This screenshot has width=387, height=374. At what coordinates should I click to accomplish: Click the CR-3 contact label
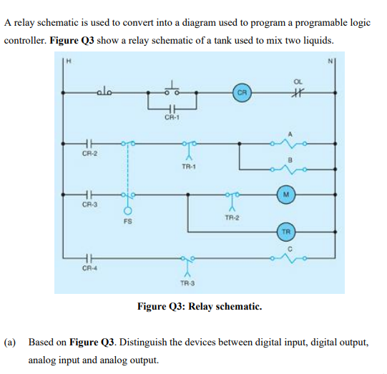click(89, 205)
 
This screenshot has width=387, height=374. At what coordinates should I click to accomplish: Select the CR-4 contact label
click(89, 270)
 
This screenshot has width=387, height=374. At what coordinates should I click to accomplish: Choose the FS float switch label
click(128, 222)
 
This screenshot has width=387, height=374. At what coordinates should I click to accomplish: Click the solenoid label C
click(292, 247)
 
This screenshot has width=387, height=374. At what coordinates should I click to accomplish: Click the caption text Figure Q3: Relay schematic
click(200, 307)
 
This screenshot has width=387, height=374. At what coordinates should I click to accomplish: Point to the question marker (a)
click(11, 342)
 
